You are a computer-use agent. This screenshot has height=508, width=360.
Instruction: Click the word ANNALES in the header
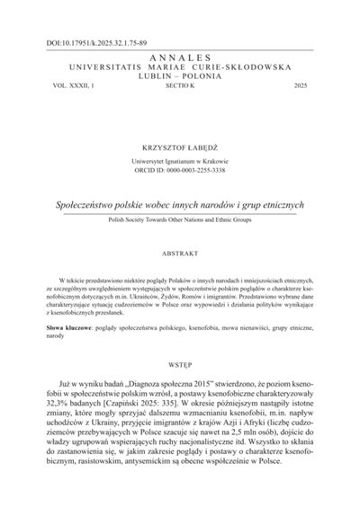[180, 56]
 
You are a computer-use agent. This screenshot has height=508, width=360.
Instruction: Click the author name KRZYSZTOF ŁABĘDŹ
[180, 144]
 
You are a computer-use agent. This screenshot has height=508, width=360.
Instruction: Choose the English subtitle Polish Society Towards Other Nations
[180, 218]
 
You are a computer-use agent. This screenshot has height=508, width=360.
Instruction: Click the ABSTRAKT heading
[180, 254]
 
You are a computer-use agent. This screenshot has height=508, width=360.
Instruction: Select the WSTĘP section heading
[180, 368]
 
